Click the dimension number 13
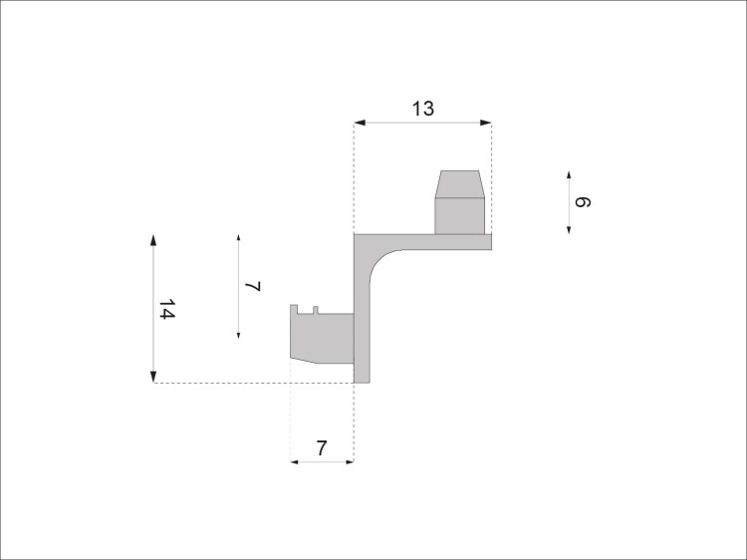click(x=423, y=109)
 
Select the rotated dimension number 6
click(x=583, y=202)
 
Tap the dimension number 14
click(x=166, y=309)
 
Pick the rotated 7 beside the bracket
click(x=253, y=286)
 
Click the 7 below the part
click(x=322, y=448)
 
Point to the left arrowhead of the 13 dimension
click(x=360, y=123)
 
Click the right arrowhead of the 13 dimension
click(x=486, y=123)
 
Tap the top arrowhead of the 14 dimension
click(x=153, y=240)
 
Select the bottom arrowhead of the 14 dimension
click(x=153, y=377)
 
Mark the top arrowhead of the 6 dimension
click(x=569, y=174)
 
